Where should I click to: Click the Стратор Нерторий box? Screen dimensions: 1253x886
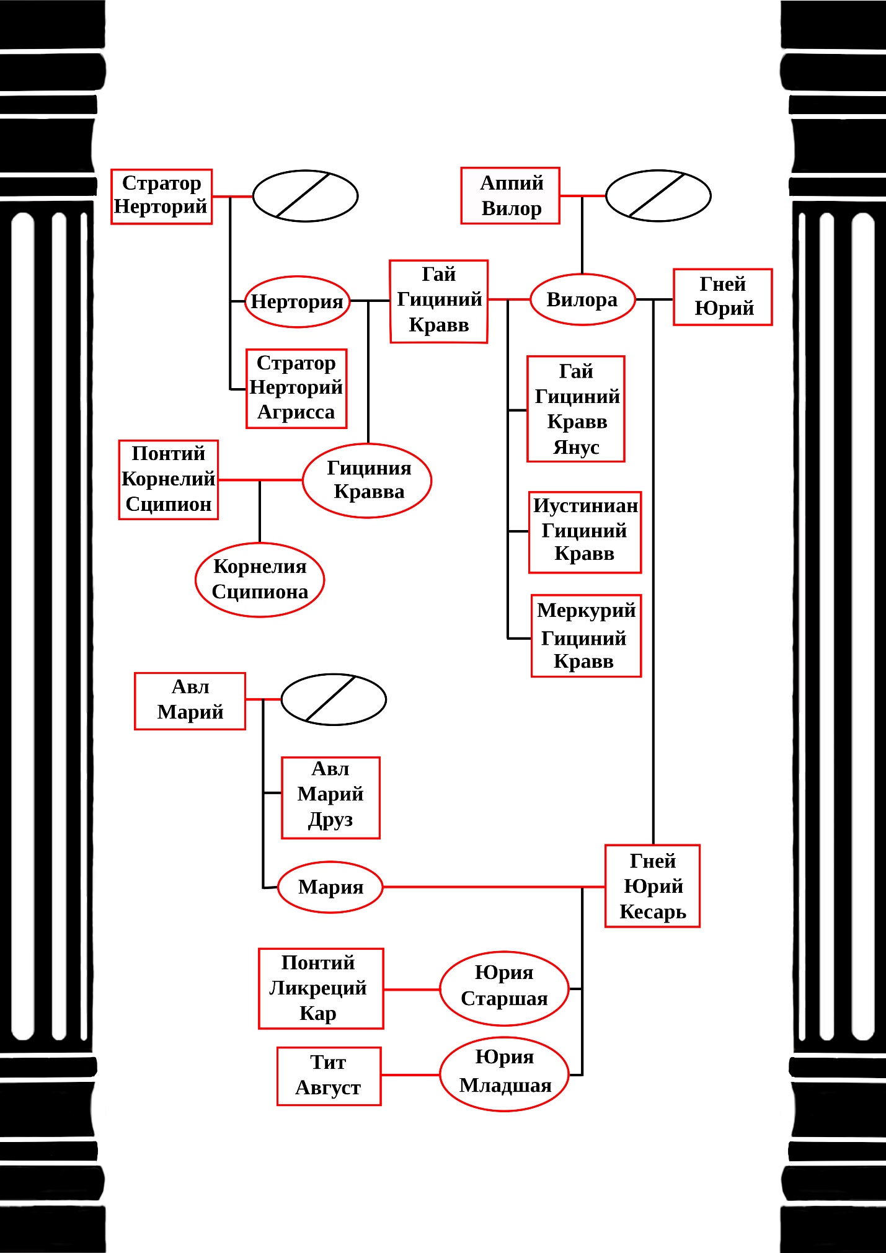161,196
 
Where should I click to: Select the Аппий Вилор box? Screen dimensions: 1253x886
510,195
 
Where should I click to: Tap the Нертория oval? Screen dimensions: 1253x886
297,301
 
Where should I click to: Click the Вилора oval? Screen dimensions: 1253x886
582,299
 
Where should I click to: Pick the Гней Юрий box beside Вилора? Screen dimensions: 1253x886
722,296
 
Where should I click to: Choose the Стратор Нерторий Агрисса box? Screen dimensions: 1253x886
296,388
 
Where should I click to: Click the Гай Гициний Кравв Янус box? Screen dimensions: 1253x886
575,409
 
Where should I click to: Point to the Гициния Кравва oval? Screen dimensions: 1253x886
367,480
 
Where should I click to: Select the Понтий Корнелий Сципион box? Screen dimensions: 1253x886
168,479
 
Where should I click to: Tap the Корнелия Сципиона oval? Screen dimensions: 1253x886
260,579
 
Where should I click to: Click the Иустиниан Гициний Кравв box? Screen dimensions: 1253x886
585,531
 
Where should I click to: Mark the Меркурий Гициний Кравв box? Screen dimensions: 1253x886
586,635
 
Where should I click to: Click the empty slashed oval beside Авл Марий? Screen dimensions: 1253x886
334,699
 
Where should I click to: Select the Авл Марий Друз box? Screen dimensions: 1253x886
330,797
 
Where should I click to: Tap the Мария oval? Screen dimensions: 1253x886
330,887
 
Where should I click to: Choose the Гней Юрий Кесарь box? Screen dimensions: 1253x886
652,885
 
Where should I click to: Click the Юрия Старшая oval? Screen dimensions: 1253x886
504,988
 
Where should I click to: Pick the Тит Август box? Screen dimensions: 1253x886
329,1076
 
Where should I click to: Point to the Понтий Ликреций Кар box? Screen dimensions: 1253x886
321,988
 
